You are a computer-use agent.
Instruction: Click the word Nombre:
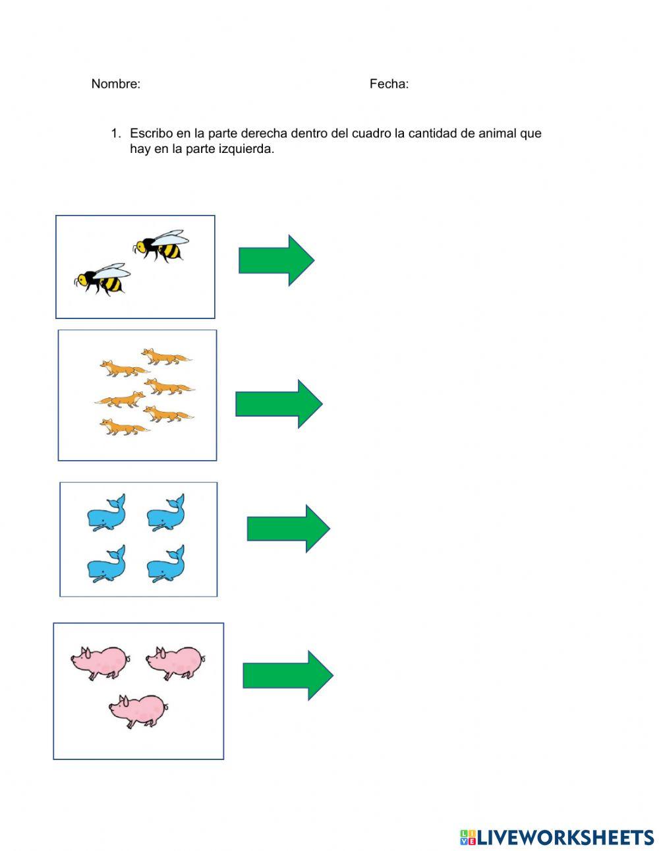click(x=116, y=84)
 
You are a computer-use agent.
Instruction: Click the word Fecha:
click(x=389, y=84)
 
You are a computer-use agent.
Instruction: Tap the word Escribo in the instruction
click(x=151, y=133)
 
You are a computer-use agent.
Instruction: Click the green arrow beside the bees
click(x=276, y=260)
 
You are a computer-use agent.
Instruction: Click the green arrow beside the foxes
click(x=279, y=404)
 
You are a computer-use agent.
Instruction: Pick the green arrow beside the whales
click(x=289, y=528)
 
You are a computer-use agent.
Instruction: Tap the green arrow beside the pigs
click(x=288, y=676)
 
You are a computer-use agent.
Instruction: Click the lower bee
click(x=102, y=279)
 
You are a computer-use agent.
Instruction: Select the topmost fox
click(x=166, y=357)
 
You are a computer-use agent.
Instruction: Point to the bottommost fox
click(x=125, y=427)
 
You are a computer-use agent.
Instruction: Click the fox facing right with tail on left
click(x=120, y=399)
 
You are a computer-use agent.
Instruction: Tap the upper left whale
click(x=106, y=513)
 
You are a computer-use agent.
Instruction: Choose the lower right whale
click(x=166, y=564)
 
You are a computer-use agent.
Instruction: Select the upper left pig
click(x=101, y=663)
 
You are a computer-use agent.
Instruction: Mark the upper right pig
click(x=176, y=663)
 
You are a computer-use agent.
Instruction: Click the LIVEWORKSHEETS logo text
click(x=557, y=827)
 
